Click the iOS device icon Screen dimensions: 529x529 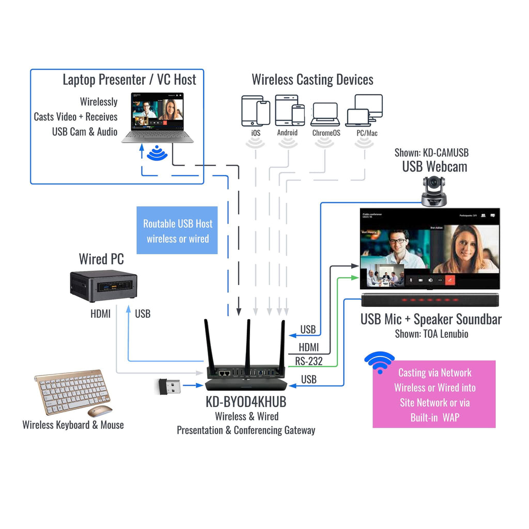256,111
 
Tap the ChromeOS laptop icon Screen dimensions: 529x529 325,114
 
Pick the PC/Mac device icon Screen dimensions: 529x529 364,111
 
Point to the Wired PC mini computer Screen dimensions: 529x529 103,285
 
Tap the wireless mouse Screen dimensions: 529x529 100,411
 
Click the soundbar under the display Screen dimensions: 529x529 430,300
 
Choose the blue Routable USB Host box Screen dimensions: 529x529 177,230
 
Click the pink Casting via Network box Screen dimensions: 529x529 434,394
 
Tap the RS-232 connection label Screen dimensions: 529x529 309,361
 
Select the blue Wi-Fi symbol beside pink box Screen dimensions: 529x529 379,363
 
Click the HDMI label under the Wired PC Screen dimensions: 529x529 100,314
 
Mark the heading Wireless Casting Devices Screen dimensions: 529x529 312,80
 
